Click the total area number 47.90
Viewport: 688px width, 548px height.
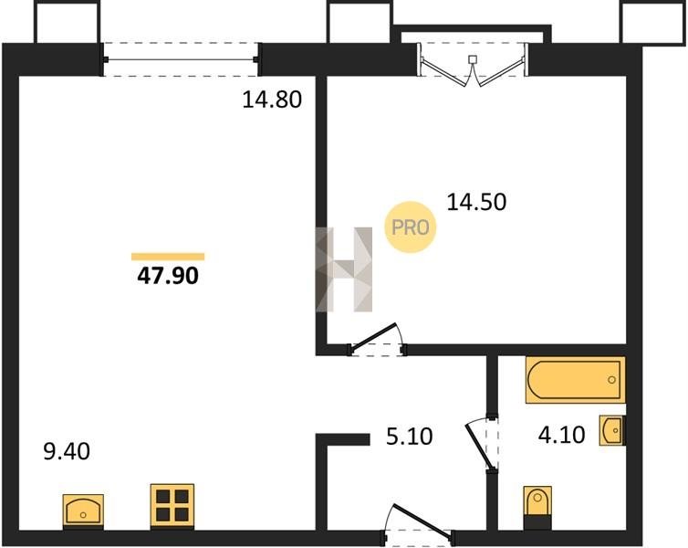[x=168, y=276]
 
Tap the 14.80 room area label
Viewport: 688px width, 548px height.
[x=272, y=100]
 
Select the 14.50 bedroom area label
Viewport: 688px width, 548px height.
[x=476, y=203]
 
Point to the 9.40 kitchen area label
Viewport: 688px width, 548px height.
[x=67, y=451]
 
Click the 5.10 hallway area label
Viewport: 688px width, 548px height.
[x=410, y=437]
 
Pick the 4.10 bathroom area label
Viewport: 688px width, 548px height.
[x=562, y=435]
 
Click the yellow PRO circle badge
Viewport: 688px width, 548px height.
[x=411, y=227]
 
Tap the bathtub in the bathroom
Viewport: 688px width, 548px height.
[x=575, y=380]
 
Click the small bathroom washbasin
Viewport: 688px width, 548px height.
[x=612, y=431]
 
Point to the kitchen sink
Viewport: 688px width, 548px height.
[x=83, y=510]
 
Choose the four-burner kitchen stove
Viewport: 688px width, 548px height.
[x=172, y=505]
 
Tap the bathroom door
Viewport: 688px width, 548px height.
[x=482, y=444]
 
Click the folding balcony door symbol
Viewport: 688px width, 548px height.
[x=472, y=64]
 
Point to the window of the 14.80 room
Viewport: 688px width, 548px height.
[x=181, y=59]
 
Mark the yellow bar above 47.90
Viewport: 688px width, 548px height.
[x=168, y=257]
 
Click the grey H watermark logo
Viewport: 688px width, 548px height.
[x=344, y=269]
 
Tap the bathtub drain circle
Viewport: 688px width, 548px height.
[x=611, y=380]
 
